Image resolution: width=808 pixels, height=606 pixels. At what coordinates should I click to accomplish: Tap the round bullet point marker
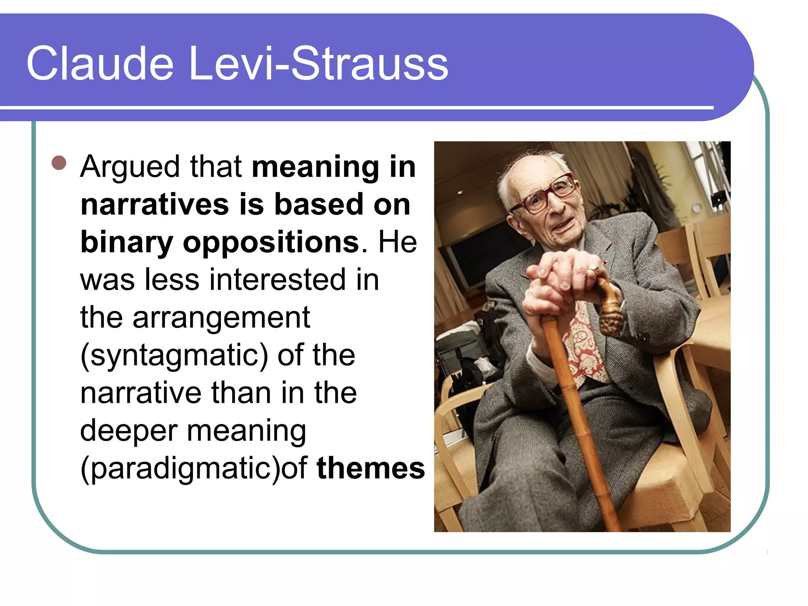click(x=59, y=163)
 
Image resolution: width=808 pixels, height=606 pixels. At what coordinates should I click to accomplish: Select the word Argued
click(x=130, y=167)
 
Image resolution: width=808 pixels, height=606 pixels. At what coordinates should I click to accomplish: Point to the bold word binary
click(x=126, y=242)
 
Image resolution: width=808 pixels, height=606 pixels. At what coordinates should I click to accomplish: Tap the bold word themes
click(x=370, y=468)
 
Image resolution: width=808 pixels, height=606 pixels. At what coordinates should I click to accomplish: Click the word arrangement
click(x=221, y=318)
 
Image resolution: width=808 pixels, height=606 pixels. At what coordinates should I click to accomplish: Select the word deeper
click(x=129, y=431)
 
